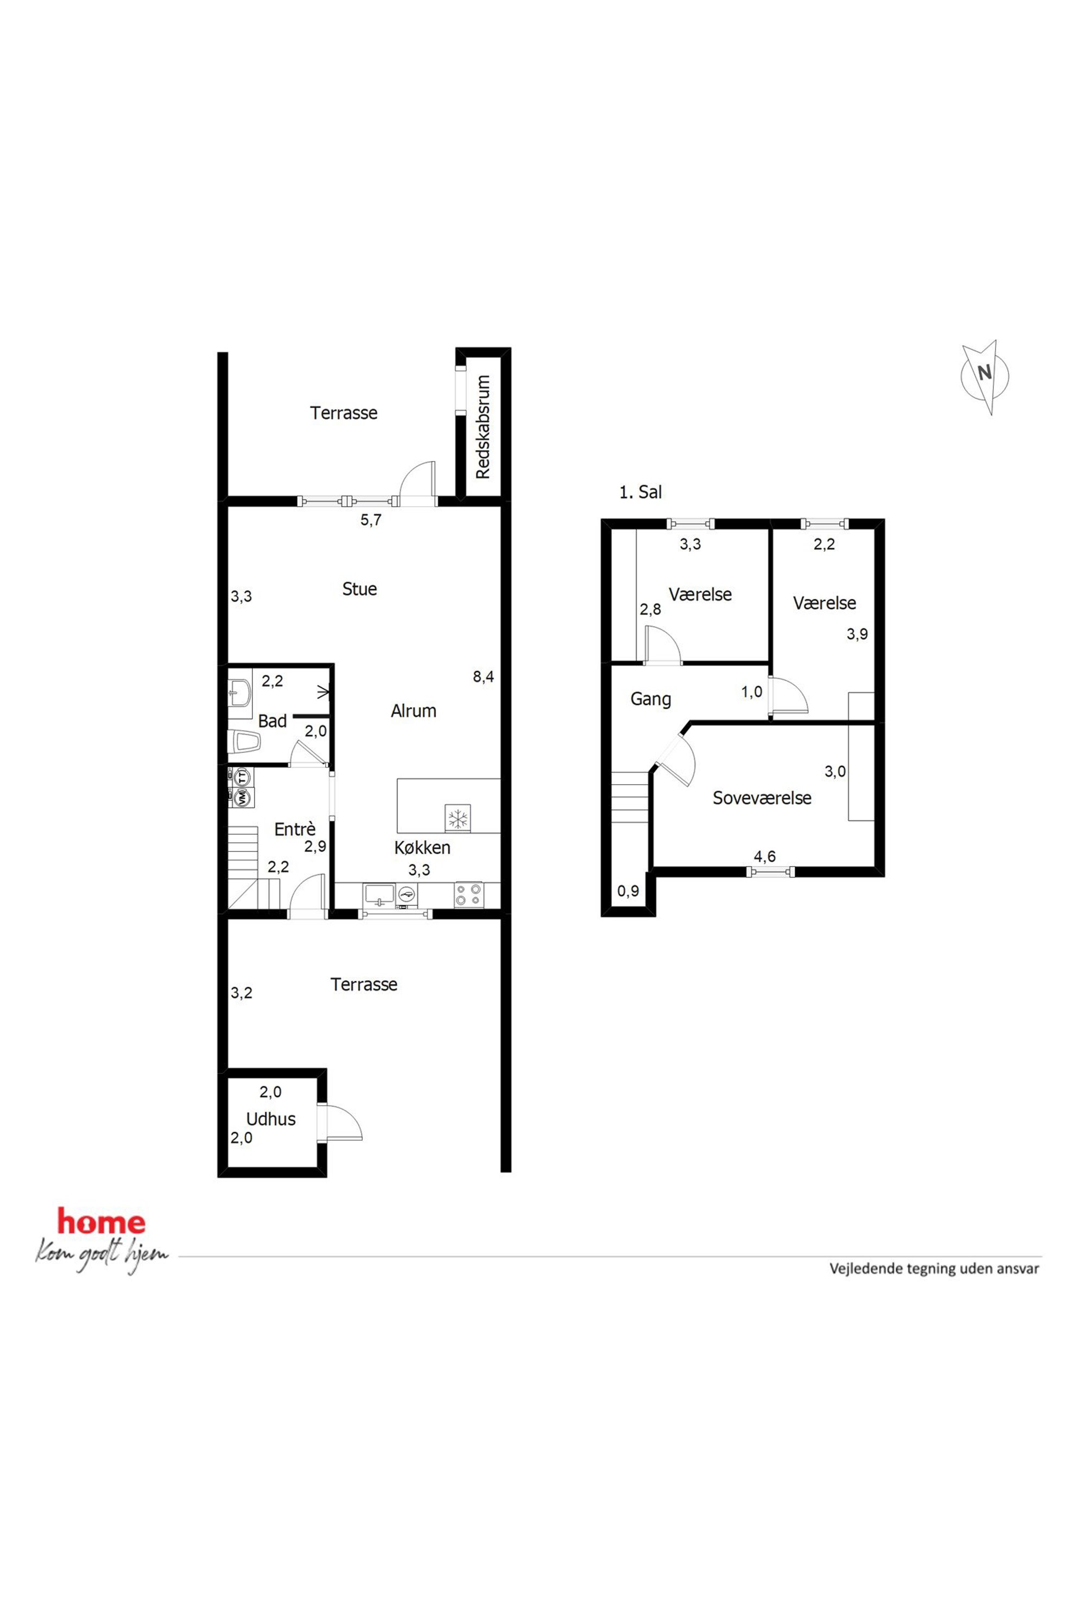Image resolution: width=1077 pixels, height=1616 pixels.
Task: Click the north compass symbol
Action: pos(985,376)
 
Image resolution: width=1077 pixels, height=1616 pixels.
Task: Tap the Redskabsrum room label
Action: pos(483,427)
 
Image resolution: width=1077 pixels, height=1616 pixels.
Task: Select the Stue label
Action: pos(359,589)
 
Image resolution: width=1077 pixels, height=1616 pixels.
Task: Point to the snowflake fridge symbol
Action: pos(458,818)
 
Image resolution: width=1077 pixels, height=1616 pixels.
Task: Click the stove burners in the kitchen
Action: pos(468,894)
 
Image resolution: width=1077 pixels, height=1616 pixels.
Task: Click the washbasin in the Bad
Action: pos(240,694)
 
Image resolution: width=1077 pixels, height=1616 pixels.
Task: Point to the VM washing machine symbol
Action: pos(242,798)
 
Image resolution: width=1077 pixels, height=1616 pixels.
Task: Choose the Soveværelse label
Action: pos(762,798)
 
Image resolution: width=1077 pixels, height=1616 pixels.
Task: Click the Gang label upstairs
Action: pos(650,699)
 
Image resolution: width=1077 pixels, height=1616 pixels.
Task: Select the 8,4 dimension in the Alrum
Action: pos(483,677)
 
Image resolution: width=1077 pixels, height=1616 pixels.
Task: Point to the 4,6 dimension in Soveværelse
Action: pos(764,856)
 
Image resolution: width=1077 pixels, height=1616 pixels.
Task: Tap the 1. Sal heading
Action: pos(640,492)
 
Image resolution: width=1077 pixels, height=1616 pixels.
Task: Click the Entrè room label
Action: pos(295,829)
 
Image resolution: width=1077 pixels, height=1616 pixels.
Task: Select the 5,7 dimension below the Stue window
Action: pos(371,520)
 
